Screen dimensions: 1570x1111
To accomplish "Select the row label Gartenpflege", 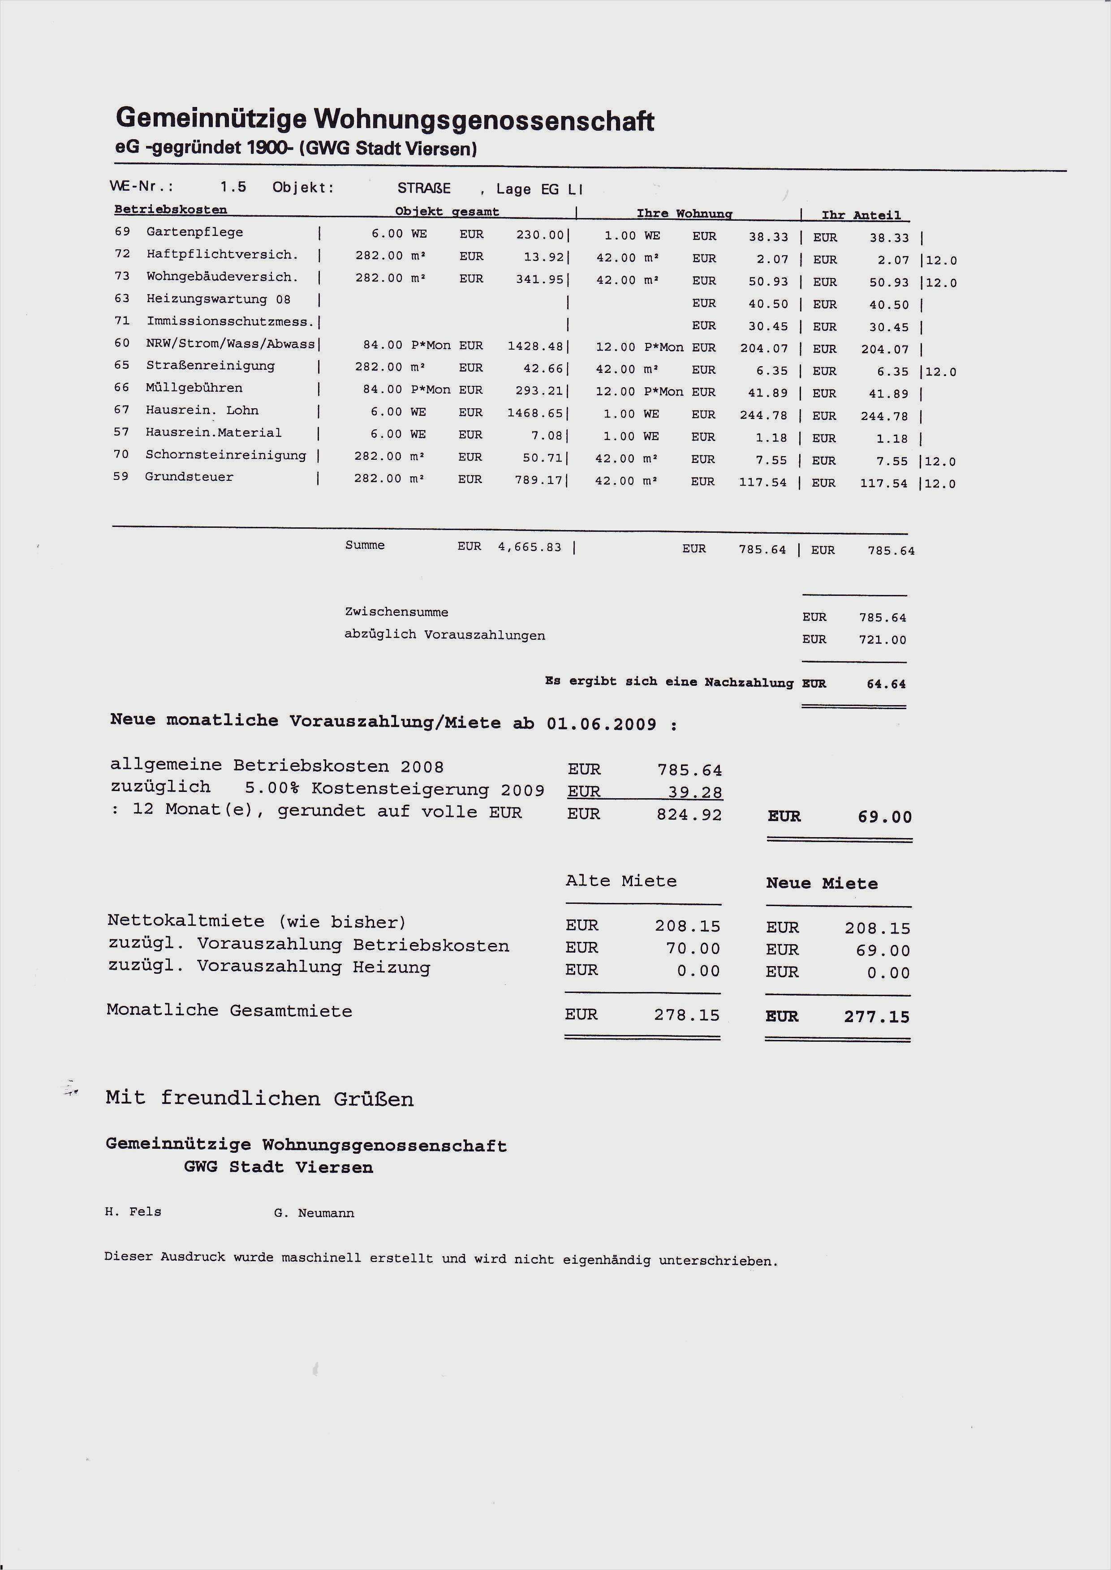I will (194, 232).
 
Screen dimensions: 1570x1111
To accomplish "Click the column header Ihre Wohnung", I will (684, 214).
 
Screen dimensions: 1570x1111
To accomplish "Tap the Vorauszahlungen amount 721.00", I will (883, 640).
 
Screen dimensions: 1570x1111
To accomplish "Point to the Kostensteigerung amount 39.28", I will (695, 792).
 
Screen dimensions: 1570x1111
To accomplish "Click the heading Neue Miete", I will (822, 883).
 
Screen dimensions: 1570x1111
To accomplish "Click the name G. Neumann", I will (314, 1213).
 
